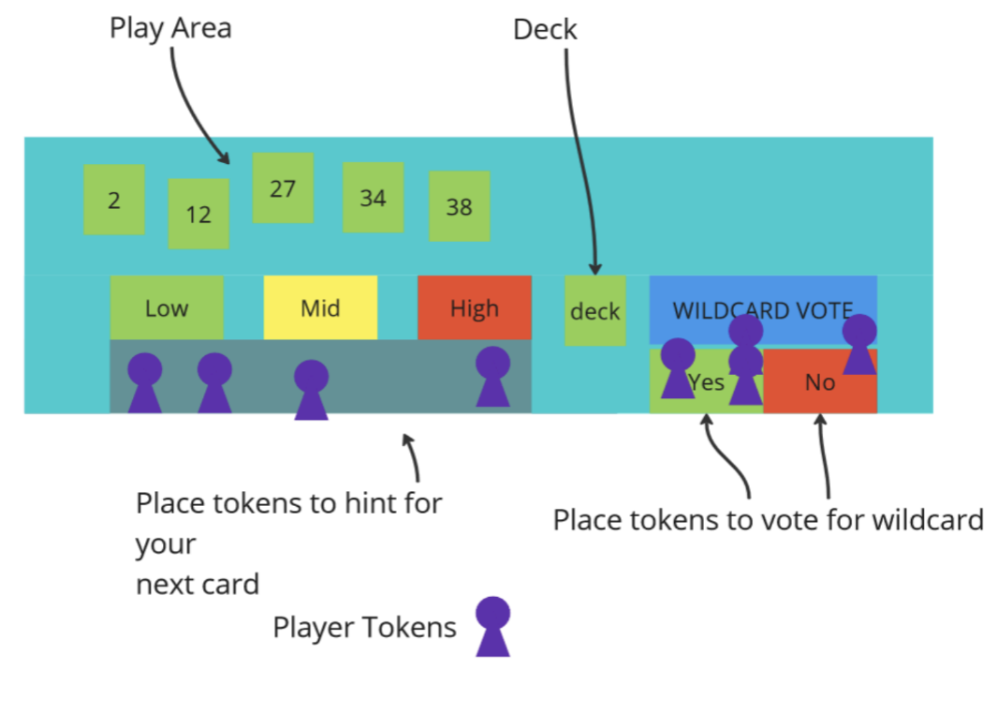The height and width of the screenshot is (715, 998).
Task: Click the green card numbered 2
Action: click(x=114, y=200)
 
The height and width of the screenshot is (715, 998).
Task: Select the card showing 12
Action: click(x=198, y=214)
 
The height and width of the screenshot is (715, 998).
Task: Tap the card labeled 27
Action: click(x=283, y=188)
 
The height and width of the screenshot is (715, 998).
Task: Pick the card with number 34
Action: click(x=373, y=198)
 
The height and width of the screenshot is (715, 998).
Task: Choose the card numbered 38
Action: click(x=459, y=206)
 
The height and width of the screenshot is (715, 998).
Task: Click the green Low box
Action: click(x=167, y=307)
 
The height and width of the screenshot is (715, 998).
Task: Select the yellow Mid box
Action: click(x=320, y=307)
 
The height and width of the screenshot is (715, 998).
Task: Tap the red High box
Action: click(x=474, y=307)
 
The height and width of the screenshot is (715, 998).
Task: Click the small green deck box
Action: click(x=594, y=310)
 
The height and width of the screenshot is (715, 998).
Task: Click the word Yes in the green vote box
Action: click(x=708, y=382)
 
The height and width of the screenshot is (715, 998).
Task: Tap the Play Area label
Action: click(x=170, y=28)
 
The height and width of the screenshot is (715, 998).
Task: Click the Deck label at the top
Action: click(x=545, y=29)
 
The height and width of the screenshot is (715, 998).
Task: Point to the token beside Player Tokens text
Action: click(x=492, y=626)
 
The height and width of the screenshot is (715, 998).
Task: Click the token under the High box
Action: click(x=492, y=376)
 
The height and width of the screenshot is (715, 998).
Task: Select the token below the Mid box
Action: click(x=311, y=389)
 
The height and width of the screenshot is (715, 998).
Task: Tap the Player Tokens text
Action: click(x=364, y=627)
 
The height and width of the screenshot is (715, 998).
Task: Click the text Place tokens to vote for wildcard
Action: click(x=768, y=519)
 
